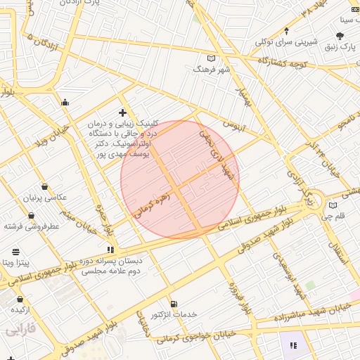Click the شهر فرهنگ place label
(212, 70)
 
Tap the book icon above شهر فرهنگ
(212, 58)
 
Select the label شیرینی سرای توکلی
(287, 41)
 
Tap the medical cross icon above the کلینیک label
(122, 112)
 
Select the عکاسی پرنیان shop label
(46, 198)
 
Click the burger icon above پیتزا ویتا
(15, 251)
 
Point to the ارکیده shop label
(19, 309)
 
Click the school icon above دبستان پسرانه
(110, 249)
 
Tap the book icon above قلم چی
(333, 205)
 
